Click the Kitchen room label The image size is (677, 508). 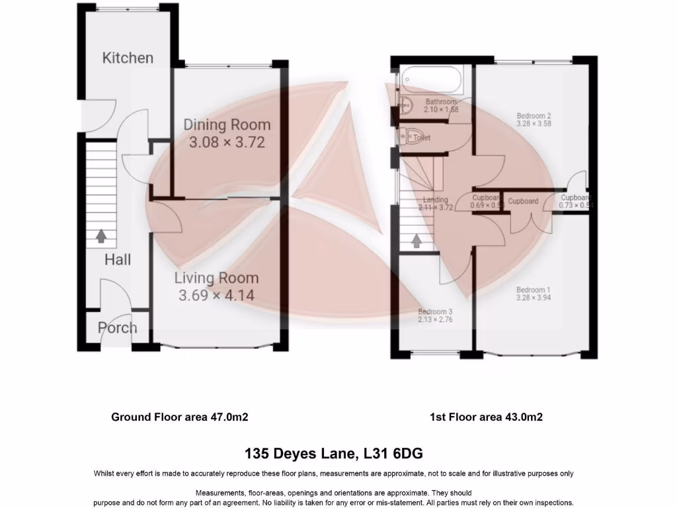point(128,58)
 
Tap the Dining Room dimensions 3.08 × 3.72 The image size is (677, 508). point(227,142)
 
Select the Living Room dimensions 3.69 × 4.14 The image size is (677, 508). point(216,296)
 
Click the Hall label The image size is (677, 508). point(117,259)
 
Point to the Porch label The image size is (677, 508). point(118,328)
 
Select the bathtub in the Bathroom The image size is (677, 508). point(430,79)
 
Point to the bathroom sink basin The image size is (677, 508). point(405,103)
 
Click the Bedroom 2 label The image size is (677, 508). point(534,116)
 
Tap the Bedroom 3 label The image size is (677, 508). point(435,312)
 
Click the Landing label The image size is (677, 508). point(435,200)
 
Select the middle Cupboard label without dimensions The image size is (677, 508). point(523,201)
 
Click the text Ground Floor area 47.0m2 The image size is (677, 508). point(179,417)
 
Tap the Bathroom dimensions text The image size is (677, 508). point(441,110)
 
